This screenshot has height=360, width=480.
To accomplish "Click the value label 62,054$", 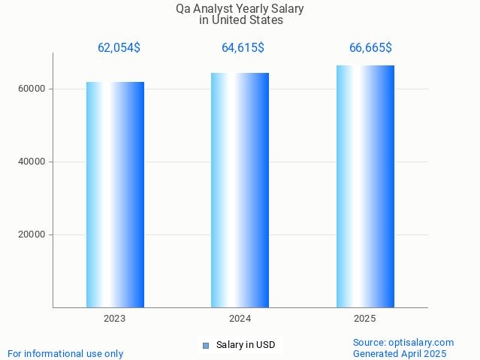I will click(x=119, y=48).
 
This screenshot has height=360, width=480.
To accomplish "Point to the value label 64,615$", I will click(x=243, y=48).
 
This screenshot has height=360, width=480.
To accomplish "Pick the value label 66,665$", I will click(x=370, y=48).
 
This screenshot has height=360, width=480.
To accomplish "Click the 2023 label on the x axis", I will click(x=115, y=319).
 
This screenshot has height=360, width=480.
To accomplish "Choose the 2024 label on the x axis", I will click(x=240, y=319).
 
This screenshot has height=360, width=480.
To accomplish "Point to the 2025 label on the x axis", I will click(x=365, y=319).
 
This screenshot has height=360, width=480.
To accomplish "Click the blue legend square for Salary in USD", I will click(x=206, y=346).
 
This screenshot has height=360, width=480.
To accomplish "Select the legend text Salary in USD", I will click(x=246, y=346).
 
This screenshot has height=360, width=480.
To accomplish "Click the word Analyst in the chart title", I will click(x=213, y=9).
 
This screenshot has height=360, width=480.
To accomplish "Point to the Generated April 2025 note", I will click(x=400, y=353).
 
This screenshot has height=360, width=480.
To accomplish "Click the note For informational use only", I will click(x=65, y=353).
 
